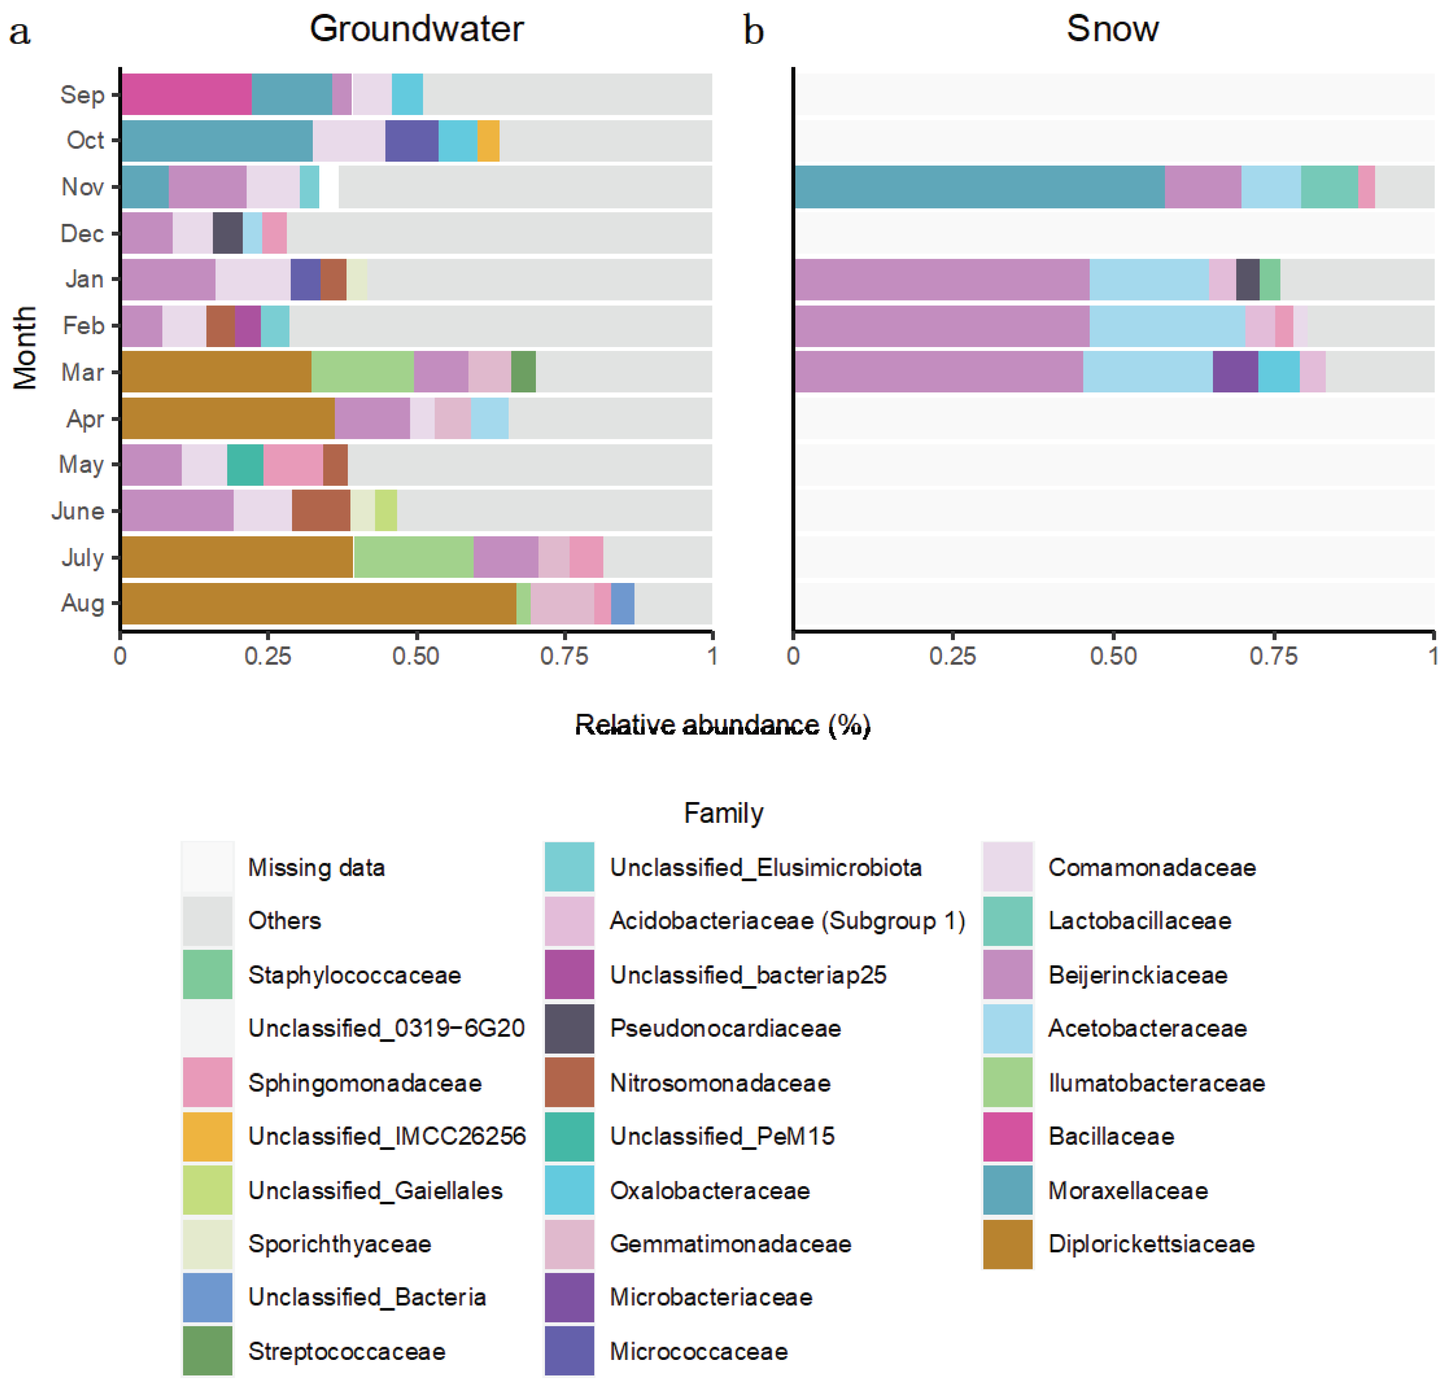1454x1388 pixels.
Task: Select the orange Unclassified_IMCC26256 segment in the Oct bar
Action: [x=488, y=141]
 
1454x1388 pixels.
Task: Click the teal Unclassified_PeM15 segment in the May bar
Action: [x=245, y=465]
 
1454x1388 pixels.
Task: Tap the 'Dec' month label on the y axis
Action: [x=82, y=234]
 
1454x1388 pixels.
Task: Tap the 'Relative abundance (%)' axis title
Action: [x=723, y=725]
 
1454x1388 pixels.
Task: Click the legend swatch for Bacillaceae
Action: [x=1007, y=1137]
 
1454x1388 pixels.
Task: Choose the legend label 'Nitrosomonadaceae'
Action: [x=720, y=1083]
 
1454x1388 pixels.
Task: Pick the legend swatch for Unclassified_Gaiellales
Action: [x=207, y=1191]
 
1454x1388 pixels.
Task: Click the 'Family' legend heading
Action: [x=723, y=813]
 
